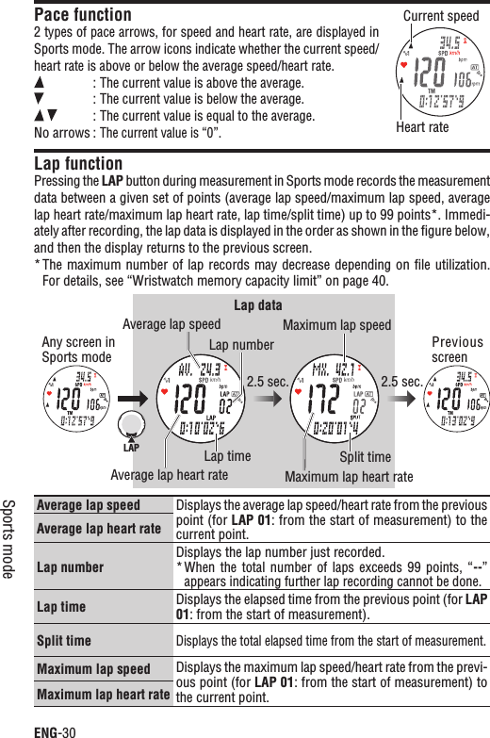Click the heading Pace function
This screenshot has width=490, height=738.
point(83,15)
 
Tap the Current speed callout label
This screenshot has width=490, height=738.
point(440,16)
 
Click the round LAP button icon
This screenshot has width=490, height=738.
point(132,423)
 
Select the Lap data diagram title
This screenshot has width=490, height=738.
point(261,305)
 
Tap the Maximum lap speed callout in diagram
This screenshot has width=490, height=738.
point(336,326)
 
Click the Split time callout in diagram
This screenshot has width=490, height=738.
point(365,457)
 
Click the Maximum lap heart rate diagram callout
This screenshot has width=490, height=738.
point(349,476)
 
